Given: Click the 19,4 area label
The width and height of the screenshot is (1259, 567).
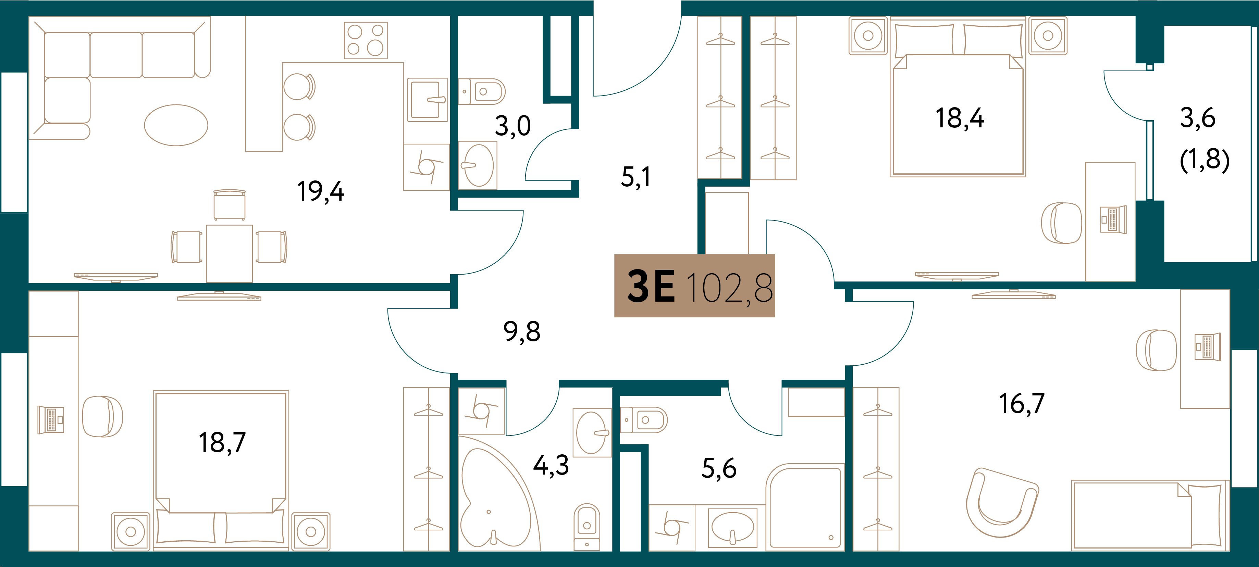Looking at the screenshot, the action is pos(321,191).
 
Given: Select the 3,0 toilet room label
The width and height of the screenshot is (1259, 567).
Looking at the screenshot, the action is pos(513,126).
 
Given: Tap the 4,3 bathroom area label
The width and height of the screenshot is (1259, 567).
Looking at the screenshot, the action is pos(551,465).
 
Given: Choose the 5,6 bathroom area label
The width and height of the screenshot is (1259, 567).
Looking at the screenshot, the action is pos(719,468).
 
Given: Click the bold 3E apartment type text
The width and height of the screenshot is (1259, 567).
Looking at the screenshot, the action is pos(651,287).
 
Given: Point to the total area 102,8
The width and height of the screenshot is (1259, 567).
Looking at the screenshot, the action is pos(730,288).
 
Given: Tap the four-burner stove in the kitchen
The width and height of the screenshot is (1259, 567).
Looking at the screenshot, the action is pos(366,40).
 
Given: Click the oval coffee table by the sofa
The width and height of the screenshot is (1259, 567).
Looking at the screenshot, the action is pos(176,125).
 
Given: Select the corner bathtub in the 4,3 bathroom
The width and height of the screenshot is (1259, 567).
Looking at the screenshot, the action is pos(496,493).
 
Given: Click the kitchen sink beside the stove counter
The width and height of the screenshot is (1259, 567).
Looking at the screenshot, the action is pos(427,100).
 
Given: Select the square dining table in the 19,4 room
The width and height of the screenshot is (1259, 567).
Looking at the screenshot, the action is pos(229,253).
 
